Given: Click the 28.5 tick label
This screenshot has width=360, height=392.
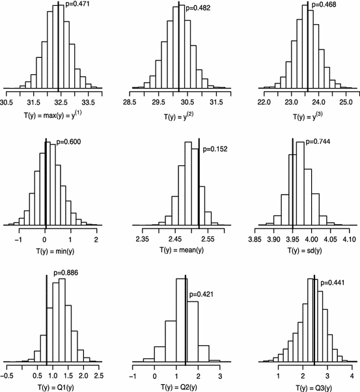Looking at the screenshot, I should [x=130, y=103].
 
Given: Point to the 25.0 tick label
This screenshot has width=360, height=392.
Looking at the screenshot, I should [x=346, y=103].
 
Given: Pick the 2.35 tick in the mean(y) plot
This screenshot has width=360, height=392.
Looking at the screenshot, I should [x=143, y=240].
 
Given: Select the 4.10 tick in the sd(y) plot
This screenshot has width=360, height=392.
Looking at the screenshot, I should [x=350, y=240].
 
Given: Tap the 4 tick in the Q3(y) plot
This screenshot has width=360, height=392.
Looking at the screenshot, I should [x=351, y=376].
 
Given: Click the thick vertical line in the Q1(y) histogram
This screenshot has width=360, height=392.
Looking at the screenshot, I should [x=47, y=319].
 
